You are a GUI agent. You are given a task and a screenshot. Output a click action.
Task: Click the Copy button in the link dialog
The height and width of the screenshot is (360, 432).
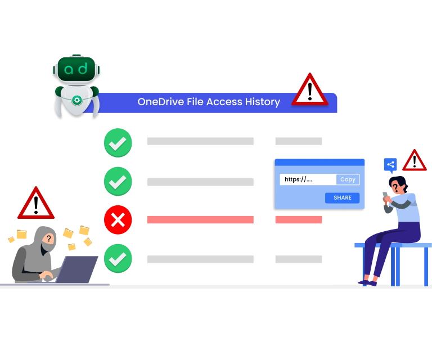click(348, 179)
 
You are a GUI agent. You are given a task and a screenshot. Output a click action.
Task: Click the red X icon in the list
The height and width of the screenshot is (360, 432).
click(118, 219)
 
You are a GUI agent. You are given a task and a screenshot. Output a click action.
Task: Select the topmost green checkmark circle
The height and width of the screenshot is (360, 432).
click(118, 143)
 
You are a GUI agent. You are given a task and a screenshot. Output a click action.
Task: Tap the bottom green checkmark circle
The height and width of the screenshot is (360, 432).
click(118, 259)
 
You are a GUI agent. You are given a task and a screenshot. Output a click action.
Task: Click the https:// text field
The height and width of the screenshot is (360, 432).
click(308, 179)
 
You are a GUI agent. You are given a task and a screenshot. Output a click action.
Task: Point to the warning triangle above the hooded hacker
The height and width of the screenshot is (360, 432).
click(36, 204)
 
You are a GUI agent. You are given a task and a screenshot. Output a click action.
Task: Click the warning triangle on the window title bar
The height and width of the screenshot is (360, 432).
click(309, 91)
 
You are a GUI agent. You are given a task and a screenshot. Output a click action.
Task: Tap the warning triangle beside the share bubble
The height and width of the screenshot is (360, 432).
click(415, 161)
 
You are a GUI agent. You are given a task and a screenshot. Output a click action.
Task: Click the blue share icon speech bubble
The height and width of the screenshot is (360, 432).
click(390, 165)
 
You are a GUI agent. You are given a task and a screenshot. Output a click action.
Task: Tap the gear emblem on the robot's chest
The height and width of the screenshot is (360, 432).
click(77, 100)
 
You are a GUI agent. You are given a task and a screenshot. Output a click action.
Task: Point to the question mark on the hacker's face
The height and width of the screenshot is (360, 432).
click(49, 239)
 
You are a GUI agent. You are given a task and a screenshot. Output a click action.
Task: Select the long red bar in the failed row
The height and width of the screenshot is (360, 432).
click(200, 219)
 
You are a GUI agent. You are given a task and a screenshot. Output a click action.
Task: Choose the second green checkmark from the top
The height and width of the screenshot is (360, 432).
click(118, 182)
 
